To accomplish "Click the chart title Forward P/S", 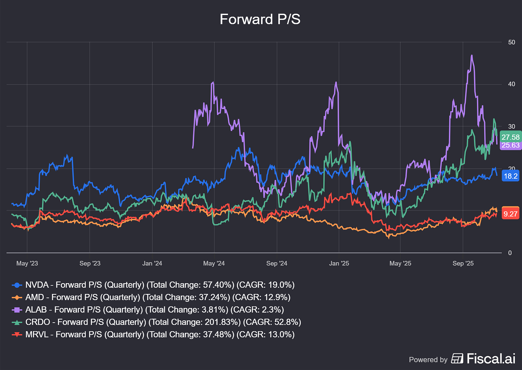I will (x=260, y=19).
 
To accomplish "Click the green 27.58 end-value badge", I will (x=510, y=137).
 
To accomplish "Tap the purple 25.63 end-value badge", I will (x=510, y=145).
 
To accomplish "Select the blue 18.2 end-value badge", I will (x=510, y=176).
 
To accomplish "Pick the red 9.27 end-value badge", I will (x=510, y=214).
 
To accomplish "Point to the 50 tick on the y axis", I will (x=512, y=42).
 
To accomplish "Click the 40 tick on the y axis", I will (x=512, y=84).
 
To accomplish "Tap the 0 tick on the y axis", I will (x=510, y=253).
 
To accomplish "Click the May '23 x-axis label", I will (x=27, y=263).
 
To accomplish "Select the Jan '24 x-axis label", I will (x=152, y=263).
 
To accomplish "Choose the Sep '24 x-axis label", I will (x=276, y=263).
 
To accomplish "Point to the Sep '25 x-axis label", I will (x=463, y=263).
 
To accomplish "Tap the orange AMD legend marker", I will (x=17, y=298).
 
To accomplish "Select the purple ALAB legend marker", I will (x=17, y=310).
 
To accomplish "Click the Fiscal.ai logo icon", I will (x=457, y=358).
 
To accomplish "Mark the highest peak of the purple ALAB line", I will (x=471, y=55).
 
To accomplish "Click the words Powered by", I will (x=428, y=360).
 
